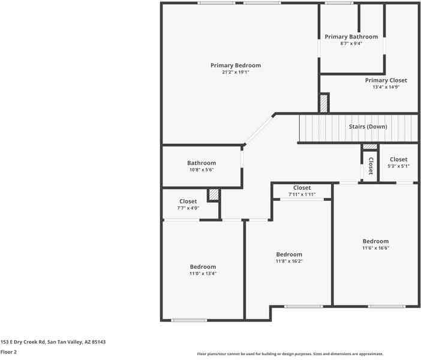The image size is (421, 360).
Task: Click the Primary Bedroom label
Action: click(235, 65)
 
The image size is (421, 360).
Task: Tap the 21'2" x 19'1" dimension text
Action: click(235, 72)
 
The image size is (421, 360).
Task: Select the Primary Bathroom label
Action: click(351, 37)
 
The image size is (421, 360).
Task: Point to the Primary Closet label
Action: click(386, 80)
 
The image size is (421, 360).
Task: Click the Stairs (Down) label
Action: click(368, 127)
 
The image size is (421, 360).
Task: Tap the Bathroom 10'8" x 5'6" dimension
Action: click(202, 170)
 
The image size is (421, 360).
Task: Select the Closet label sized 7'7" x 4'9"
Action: click(188, 202)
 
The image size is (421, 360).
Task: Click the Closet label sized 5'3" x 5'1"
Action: click(398, 160)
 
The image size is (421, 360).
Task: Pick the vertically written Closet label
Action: click(371, 166)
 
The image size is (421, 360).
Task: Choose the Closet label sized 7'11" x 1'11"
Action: click(302, 188)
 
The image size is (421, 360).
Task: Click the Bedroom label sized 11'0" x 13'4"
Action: click(203, 266)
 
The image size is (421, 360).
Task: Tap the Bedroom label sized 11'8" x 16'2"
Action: click(288, 254)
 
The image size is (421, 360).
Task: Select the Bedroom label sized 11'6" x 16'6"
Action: click(375, 241)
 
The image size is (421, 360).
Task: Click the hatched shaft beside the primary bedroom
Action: click(324, 103)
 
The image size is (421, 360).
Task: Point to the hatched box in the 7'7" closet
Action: click(213, 195)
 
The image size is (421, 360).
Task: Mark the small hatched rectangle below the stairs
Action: click(370, 146)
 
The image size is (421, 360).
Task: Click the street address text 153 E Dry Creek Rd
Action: click(53, 342)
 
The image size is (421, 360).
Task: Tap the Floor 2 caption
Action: click(8, 352)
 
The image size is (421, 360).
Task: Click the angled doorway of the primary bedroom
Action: click(259, 129)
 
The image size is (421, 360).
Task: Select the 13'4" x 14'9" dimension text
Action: click(386, 87)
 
